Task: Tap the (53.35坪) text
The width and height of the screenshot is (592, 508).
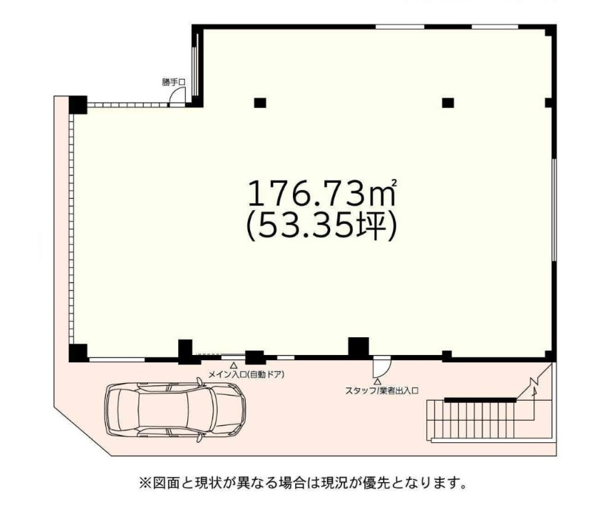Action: click(321, 226)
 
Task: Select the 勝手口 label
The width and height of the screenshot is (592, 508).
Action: click(174, 82)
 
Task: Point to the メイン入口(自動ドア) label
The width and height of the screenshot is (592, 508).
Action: click(246, 375)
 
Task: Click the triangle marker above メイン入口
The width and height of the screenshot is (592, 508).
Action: click(234, 365)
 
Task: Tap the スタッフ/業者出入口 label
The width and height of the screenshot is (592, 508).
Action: click(382, 390)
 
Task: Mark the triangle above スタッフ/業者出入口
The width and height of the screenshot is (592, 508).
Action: click(377, 382)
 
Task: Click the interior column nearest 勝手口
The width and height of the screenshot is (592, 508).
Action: click(260, 103)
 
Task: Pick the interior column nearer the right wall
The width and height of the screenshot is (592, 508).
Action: click(448, 103)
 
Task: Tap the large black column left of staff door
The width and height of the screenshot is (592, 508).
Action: click(358, 347)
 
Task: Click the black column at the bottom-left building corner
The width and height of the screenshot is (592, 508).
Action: click(78, 353)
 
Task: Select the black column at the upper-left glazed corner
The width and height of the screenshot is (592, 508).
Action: click(78, 105)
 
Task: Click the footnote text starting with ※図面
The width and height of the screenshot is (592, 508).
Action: click(303, 483)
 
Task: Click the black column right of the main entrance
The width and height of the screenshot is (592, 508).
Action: click(255, 357)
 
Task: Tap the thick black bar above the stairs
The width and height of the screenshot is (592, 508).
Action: click(480, 400)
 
